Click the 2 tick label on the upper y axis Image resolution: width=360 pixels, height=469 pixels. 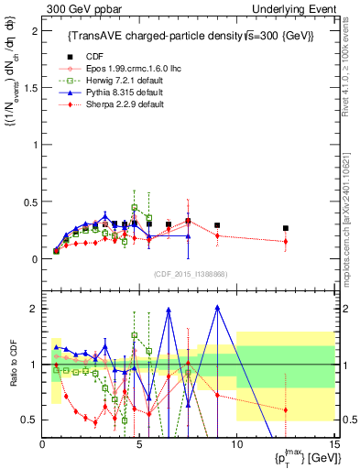34,32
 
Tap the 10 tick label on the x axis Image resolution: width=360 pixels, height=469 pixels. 236,444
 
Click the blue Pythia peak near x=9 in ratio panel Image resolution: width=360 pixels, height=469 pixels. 217,307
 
